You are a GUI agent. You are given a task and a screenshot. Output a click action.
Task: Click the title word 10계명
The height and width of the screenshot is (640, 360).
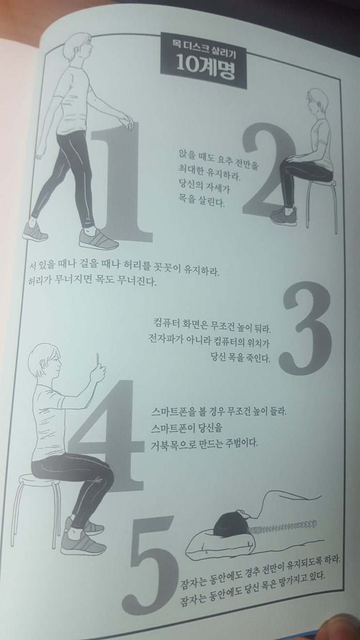pyautogui.click(x=205, y=68)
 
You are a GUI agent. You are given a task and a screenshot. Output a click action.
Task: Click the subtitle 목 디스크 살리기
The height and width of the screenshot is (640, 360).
pyautogui.click(x=205, y=47)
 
